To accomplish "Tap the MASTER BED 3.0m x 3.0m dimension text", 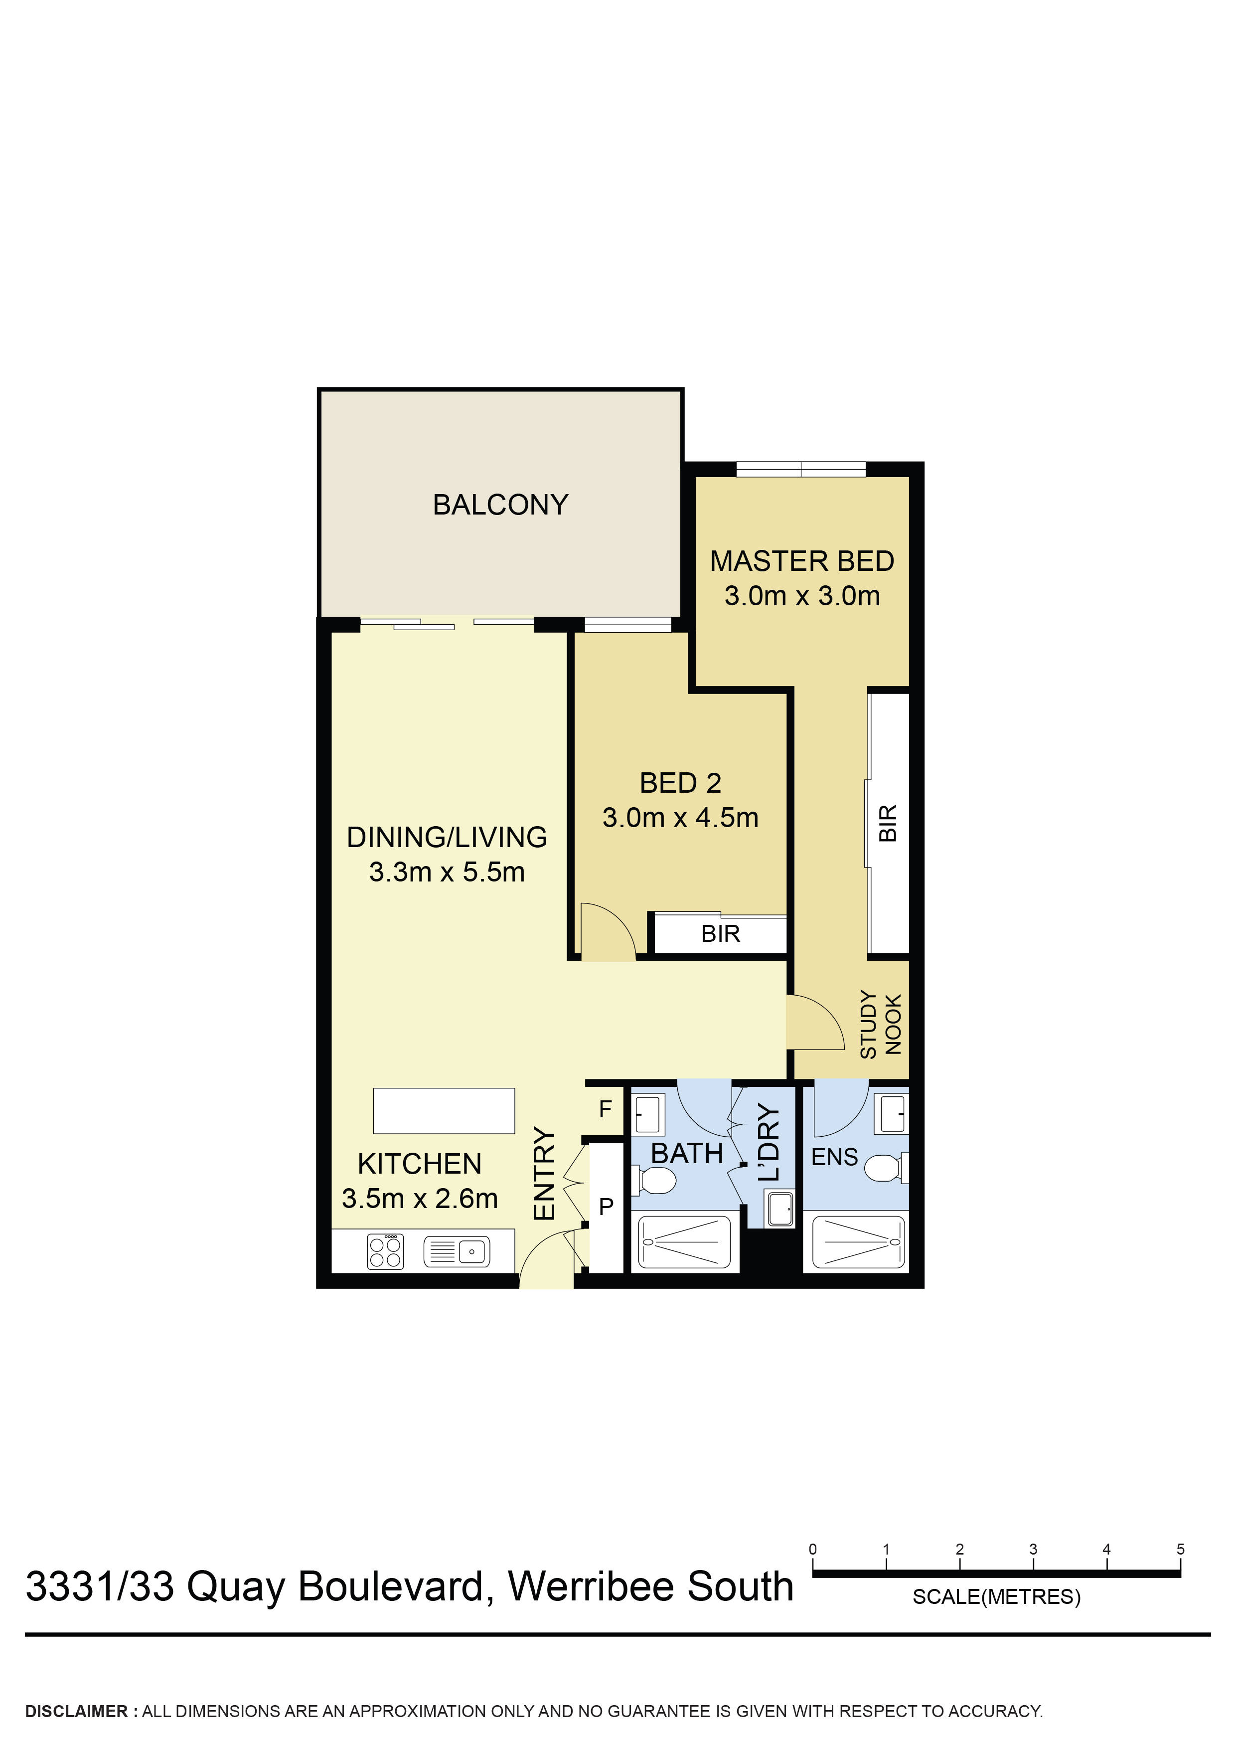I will [x=802, y=596].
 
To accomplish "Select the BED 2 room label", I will [x=680, y=783].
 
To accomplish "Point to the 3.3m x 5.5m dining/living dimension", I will [x=447, y=872].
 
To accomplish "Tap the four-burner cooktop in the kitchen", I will [x=385, y=1251].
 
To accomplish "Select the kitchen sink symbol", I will [x=457, y=1251].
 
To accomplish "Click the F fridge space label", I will [x=606, y=1109].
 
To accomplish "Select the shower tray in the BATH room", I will [x=683, y=1242].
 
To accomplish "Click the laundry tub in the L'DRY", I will [x=780, y=1210].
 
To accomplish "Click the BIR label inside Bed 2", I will [x=721, y=934].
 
